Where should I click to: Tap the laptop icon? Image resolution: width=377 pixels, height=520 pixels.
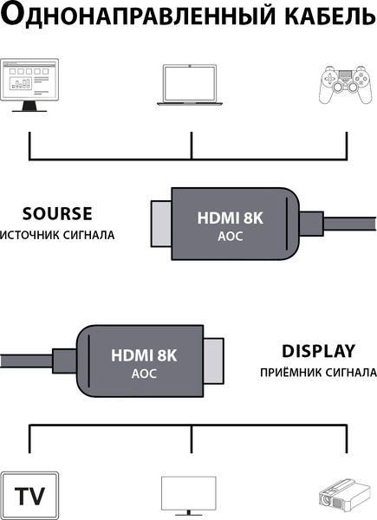(190, 85)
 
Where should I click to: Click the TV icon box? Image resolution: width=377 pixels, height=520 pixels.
(30, 497)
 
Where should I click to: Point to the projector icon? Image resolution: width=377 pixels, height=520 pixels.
(345, 497)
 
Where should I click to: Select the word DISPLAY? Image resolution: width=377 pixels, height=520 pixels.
(318, 351)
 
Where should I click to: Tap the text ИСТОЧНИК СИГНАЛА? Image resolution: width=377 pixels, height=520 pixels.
(57, 235)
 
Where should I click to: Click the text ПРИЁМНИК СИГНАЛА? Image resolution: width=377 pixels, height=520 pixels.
(317, 373)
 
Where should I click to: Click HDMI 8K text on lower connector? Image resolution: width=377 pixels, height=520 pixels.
(143, 354)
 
